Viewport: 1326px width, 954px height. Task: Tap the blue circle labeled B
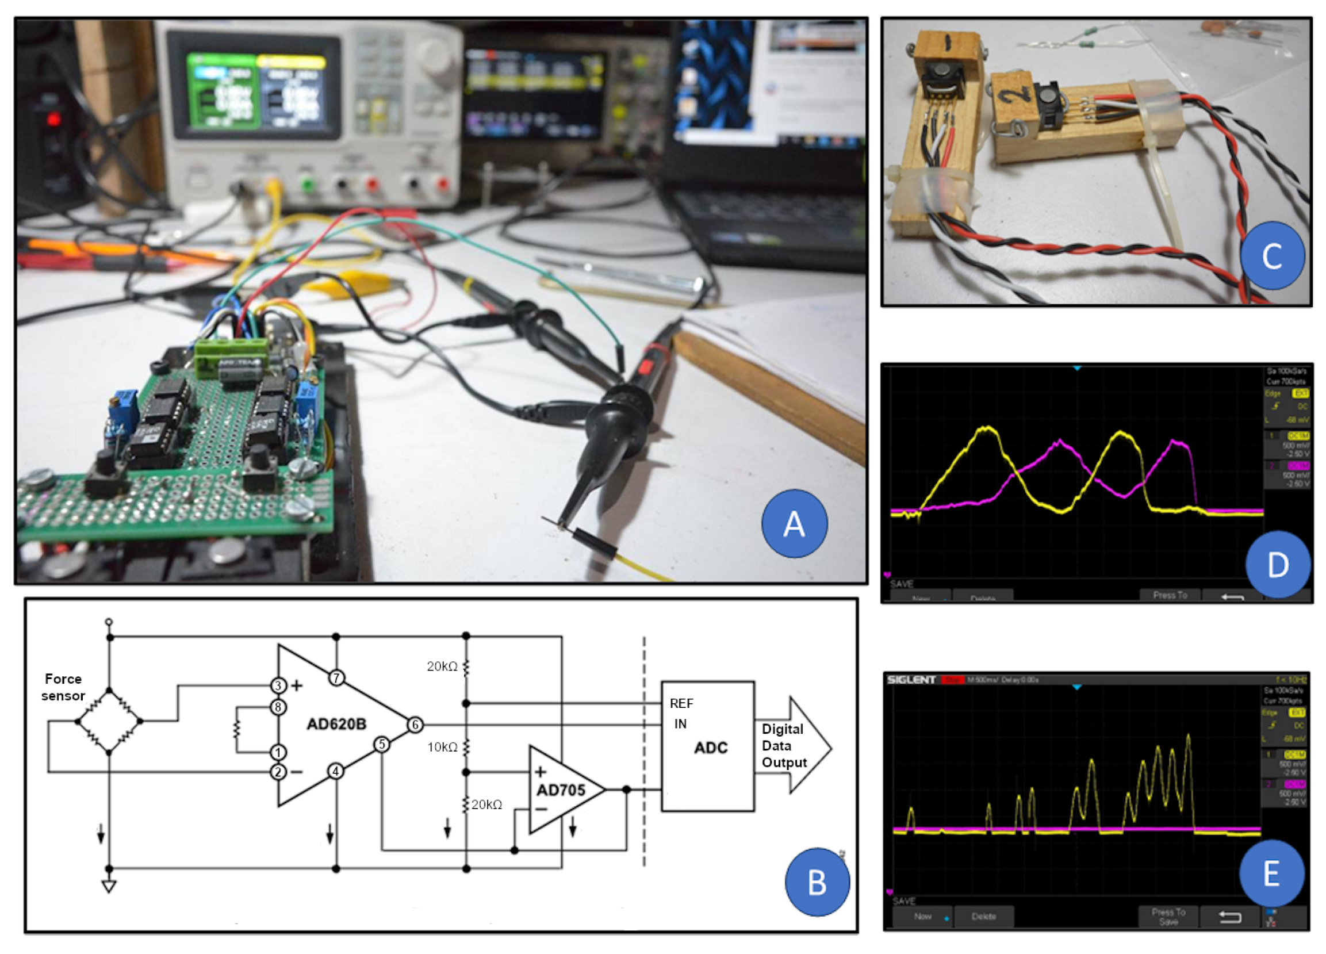pyautogui.click(x=817, y=882)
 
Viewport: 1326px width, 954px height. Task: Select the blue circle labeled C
pyautogui.click(x=1272, y=255)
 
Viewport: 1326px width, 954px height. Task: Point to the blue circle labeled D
pyautogui.click(x=1278, y=564)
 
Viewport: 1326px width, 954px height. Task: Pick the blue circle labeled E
pyautogui.click(x=1271, y=873)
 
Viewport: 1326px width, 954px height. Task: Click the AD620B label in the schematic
pyautogui.click(x=336, y=724)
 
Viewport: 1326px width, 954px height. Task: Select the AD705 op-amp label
pyautogui.click(x=561, y=790)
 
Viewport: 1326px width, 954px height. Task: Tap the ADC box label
pyautogui.click(x=710, y=748)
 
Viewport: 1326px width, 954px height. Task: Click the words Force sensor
pyautogui.click(x=63, y=687)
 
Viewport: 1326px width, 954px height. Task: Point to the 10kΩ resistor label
pyautogui.click(x=442, y=747)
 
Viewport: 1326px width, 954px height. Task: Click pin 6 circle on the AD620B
pyautogui.click(x=415, y=725)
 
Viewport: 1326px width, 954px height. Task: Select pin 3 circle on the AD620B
pyautogui.click(x=278, y=685)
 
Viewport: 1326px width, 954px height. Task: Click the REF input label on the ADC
pyautogui.click(x=681, y=703)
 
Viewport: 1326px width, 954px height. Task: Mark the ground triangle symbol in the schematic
pyautogui.click(x=109, y=886)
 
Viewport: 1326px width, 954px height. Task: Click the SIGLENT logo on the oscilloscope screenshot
pyautogui.click(x=911, y=680)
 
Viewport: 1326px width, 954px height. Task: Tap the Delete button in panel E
pyautogui.click(x=983, y=917)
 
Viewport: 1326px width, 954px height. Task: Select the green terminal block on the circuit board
pyautogui.click(x=232, y=356)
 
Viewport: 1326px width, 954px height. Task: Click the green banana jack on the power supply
pyautogui.click(x=306, y=186)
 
